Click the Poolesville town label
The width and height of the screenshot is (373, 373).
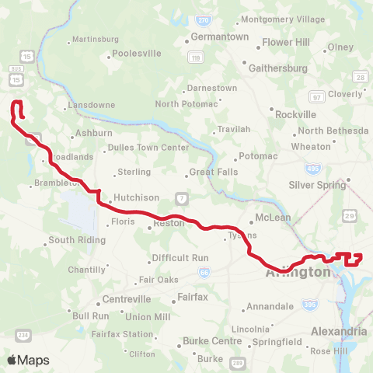(x=136, y=54)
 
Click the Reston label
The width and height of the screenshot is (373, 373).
(x=169, y=223)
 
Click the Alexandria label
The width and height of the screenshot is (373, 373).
(x=338, y=332)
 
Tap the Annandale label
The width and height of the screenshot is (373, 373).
(x=271, y=307)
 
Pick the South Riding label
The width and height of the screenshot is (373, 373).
(x=77, y=240)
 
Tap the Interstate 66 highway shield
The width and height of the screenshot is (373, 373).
(x=204, y=272)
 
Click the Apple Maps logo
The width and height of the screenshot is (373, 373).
(x=28, y=360)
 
